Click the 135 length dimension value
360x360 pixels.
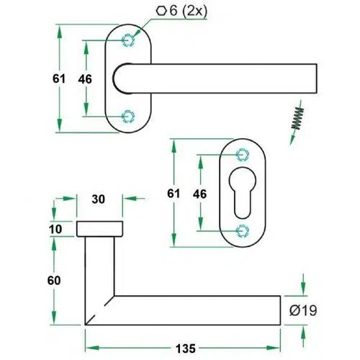click(x=186, y=348)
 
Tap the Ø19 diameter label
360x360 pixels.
click(x=303, y=310)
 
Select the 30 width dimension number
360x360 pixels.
click(x=99, y=199)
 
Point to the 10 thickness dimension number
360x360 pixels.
click(x=55, y=229)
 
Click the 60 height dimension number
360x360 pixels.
click(x=54, y=280)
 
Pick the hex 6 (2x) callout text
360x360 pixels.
click(x=181, y=12)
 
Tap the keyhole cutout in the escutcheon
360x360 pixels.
click(x=243, y=193)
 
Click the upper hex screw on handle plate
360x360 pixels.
click(x=128, y=40)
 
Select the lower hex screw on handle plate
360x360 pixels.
click(x=128, y=117)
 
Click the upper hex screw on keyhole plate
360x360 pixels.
click(x=243, y=155)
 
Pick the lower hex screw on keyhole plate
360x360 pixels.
click(x=243, y=231)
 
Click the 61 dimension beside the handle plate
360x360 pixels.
click(x=59, y=78)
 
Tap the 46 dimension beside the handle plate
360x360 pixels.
click(x=85, y=79)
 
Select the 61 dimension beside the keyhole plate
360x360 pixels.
click(x=174, y=194)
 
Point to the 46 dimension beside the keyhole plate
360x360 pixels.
click(x=199, y=194)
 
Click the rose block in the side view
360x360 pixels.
click(x=99, y=229)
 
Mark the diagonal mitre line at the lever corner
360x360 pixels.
click(x=99, y=310)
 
